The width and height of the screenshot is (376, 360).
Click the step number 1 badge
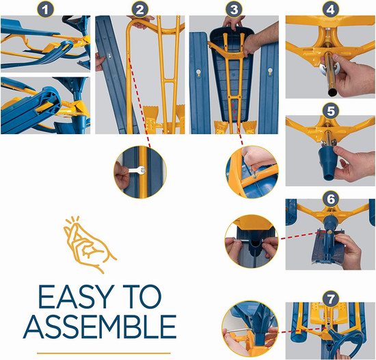[x=45, y=10]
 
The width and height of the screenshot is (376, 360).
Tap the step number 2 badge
[x=139, y=10]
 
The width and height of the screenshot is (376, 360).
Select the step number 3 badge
[x=234, y=10]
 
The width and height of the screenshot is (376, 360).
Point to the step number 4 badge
[x=330, y=10]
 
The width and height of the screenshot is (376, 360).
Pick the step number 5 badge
[x=330, y=112]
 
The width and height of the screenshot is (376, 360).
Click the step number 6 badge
[x=330, y=199]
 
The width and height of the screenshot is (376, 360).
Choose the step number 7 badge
[x=330, y=299]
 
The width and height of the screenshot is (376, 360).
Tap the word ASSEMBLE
[x=100, y=326]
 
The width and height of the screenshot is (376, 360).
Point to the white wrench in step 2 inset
[x=137, y=170]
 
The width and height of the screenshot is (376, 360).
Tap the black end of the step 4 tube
[x=333, y=92]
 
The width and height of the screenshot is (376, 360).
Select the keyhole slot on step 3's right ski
[x=270, y=71]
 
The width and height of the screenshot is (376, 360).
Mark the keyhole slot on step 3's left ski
[x=198, y=73]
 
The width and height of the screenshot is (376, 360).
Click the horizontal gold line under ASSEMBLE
[x=104, y=353]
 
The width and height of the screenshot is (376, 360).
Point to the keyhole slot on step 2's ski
[x=109, y=55]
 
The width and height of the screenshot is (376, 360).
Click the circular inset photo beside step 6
[x=252, y=241]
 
